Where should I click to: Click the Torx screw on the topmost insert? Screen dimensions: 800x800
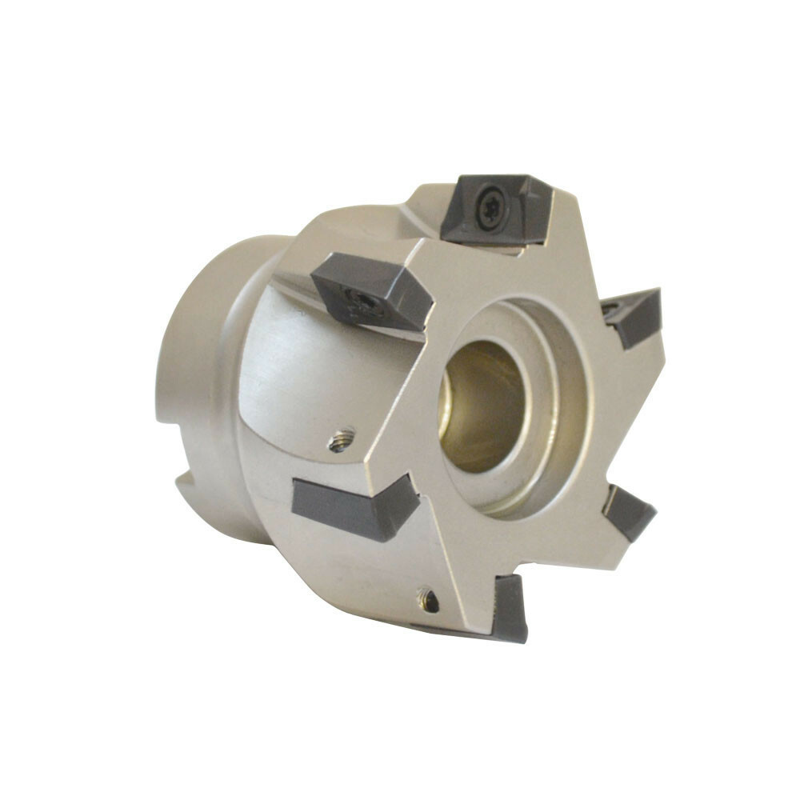coord(490,206)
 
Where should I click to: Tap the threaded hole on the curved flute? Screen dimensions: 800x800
coord(342,439)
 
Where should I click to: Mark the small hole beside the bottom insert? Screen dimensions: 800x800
coord(430,600)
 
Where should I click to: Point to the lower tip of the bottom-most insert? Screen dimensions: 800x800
coord(516,636)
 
